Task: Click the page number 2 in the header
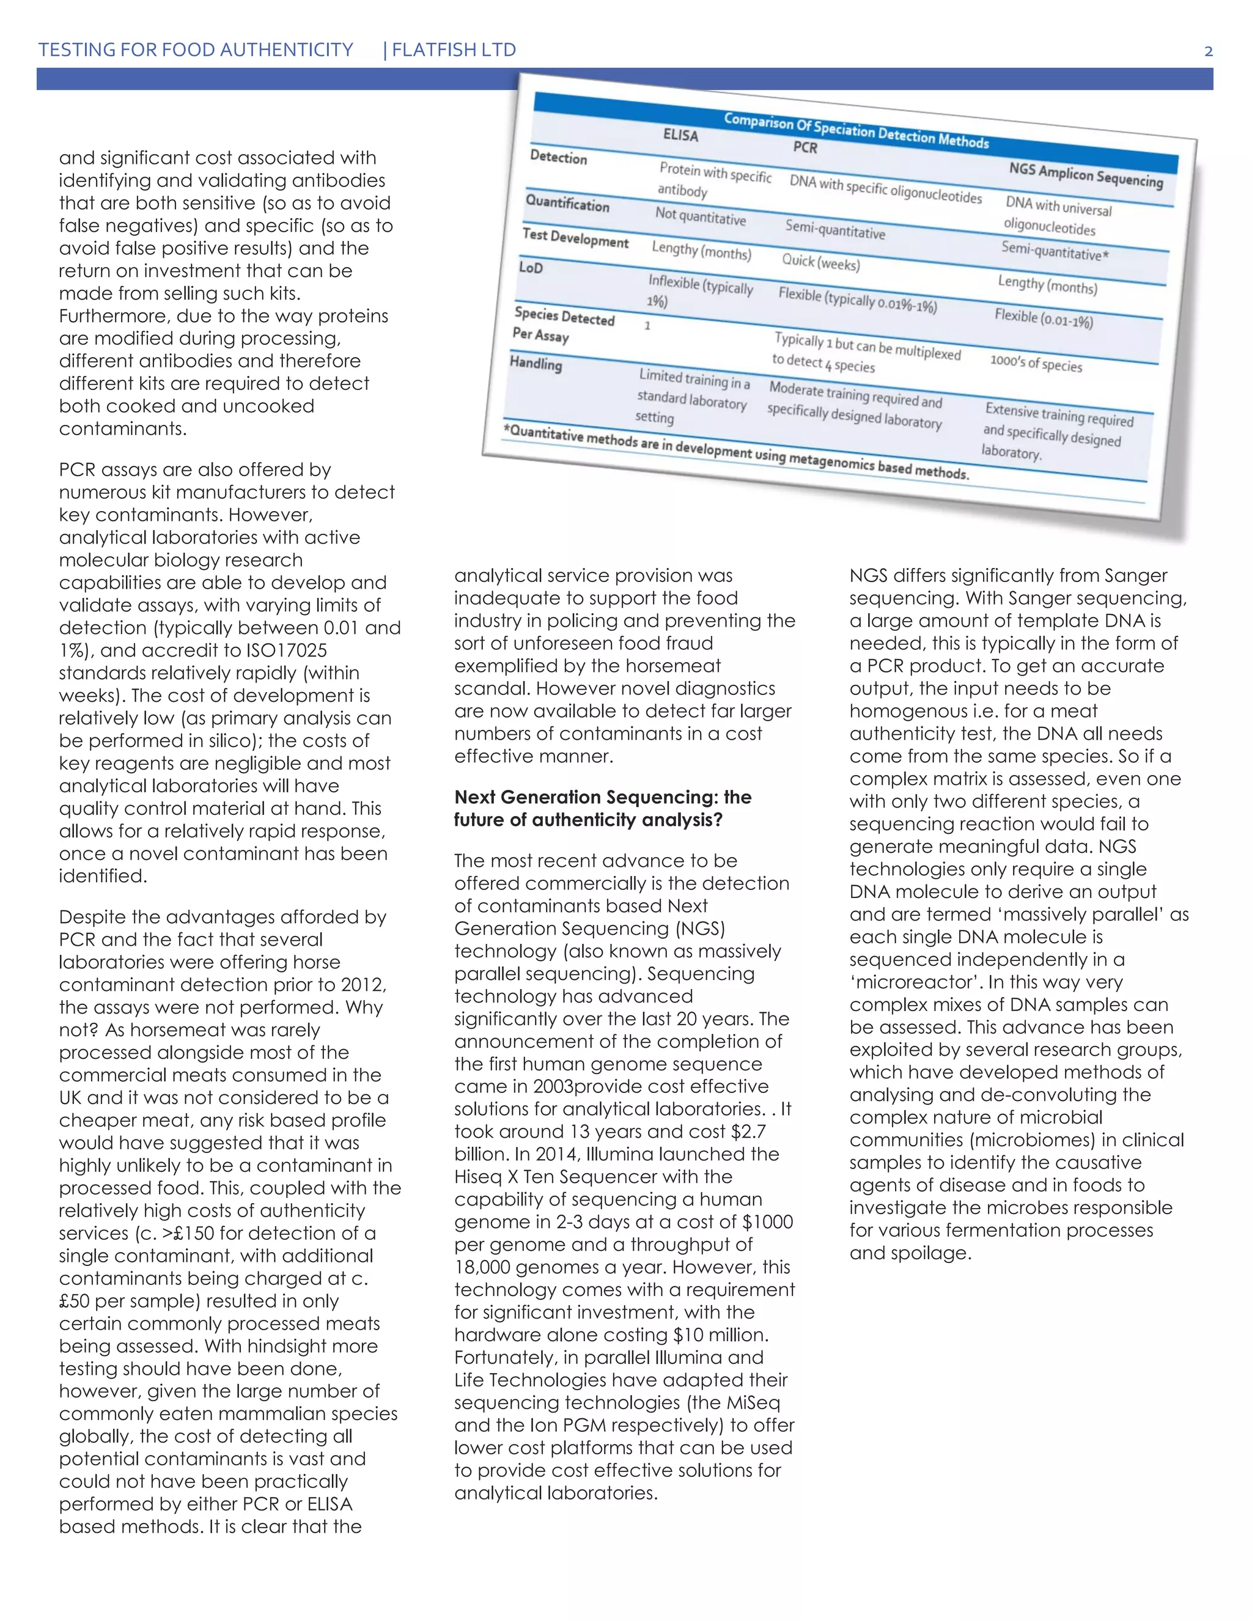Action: point(1208,51)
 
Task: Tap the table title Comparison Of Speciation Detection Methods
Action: point(856,131)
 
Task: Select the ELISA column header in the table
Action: point(680,135)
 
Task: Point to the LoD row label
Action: point(531,267)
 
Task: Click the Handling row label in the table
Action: point(536,364)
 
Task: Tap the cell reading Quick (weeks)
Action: point(820,262)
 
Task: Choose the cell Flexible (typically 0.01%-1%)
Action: point(858,300)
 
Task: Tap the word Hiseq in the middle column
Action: point(481,1177)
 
